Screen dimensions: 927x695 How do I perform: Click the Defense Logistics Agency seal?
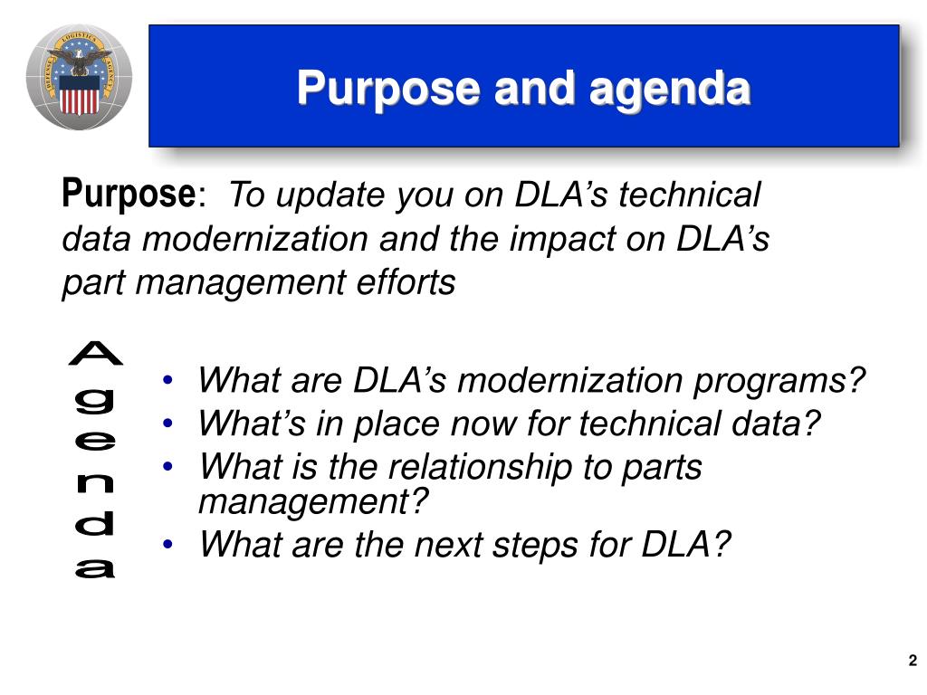(80, 78)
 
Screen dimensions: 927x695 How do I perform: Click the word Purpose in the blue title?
(387, 90)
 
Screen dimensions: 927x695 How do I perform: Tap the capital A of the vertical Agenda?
(96, 354)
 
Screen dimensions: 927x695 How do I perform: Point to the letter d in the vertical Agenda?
(94, 522)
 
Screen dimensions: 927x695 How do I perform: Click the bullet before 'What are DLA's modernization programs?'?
(167, 380)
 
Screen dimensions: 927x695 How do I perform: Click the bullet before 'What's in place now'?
(167, 424)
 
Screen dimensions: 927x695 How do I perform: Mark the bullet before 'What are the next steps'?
(167, 544)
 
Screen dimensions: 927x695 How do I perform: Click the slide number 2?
(913, 660)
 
